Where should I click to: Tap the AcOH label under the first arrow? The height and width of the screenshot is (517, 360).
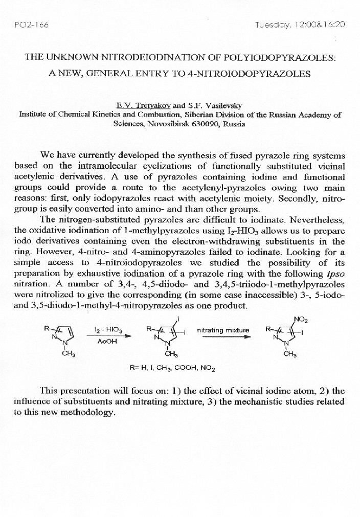pos(105,342)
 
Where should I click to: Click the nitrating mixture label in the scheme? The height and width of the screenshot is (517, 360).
pos(223,330)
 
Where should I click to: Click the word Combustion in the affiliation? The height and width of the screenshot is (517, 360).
pos(157,115)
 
